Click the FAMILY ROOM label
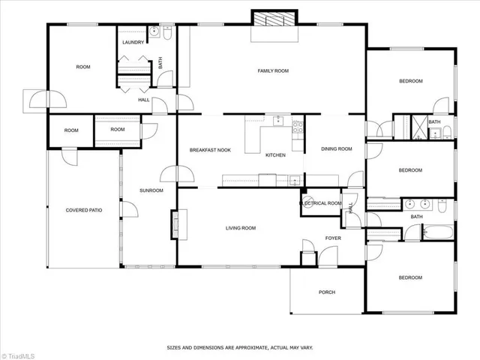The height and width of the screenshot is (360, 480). [273, 70]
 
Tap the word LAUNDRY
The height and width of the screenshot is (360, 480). [133, 43]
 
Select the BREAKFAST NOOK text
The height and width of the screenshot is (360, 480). [209, 150]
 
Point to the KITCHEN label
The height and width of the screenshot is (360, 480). [275, 154]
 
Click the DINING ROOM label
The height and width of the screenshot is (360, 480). [336, 148]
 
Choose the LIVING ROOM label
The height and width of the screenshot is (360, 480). [241, 228]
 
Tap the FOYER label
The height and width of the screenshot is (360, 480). [333, 238]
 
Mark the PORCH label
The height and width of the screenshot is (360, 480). [327, 292]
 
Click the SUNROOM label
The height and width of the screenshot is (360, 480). [151, 190]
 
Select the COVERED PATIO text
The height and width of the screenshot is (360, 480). [83, 210]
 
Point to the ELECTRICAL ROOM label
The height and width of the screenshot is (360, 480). [320, 203]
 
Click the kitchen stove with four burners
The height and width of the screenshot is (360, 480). [297, 127]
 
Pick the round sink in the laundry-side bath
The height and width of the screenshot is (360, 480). [153, 31]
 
